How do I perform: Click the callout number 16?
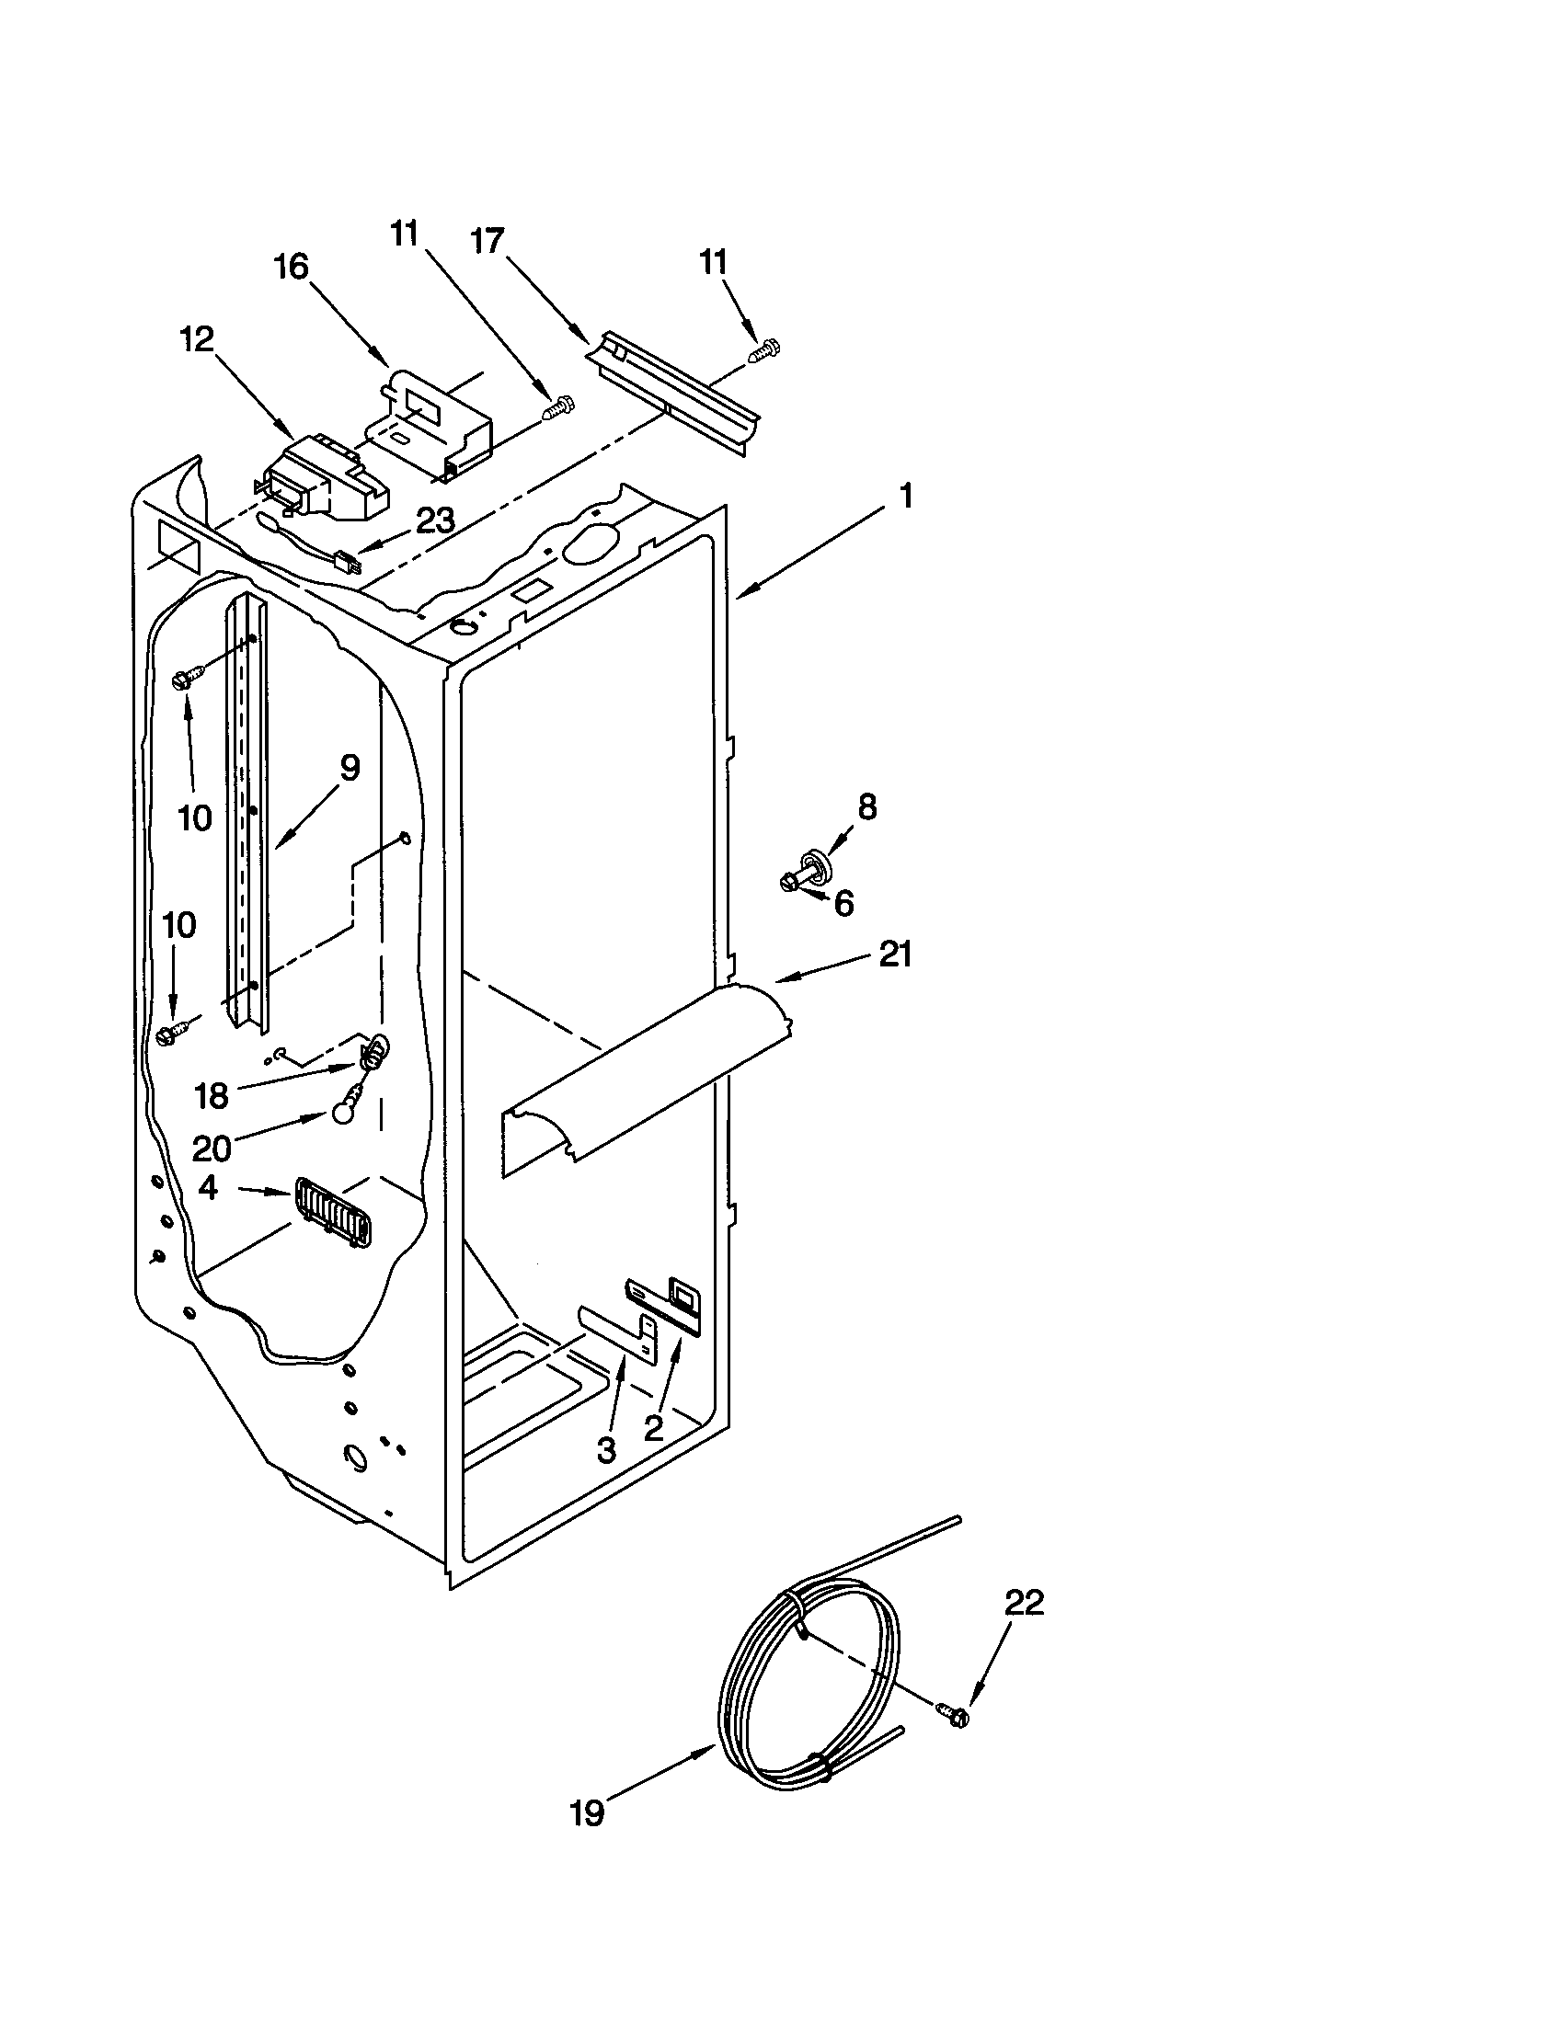(x=290, y=267)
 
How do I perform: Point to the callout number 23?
(x=434, y=521)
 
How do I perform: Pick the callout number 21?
(x=895, y=954)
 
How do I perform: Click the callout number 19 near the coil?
(x=588, y=1812)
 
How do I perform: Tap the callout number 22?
(x=1023, y=1602)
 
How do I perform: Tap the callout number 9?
(x=349, y=768)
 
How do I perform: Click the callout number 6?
(x=843, y=903)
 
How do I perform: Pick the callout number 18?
(x=212, y=1096)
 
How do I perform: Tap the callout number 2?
(x=654, y=1427)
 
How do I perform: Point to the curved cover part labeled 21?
(x=648, y=1065)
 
